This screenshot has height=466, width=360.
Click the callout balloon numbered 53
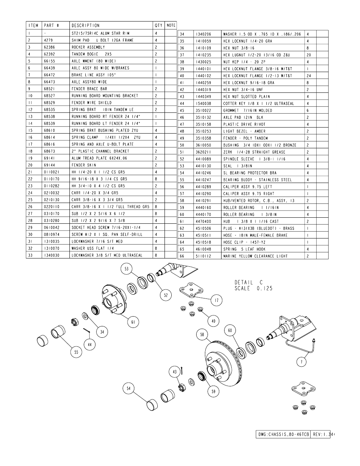point(126,269)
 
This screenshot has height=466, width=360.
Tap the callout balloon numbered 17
point(217,300)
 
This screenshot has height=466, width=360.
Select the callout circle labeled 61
point(133,322)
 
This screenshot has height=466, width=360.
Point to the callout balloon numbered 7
point(302,362)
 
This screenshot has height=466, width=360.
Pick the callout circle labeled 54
point(129,388)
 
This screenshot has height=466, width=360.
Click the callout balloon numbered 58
point(202,335)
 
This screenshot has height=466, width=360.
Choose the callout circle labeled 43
point(175,372)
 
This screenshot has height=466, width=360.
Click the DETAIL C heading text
point(249,283)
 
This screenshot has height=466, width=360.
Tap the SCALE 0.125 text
point(254,288)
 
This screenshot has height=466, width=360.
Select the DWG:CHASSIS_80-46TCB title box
point(283,434)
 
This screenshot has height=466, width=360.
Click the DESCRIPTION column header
point(86,26)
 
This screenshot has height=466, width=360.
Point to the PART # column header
point(51,26)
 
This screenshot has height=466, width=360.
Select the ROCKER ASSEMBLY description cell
point(88,47)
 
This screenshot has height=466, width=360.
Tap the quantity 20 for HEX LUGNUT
point(309,55)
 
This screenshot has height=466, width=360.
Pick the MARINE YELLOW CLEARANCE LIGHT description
point(255,256)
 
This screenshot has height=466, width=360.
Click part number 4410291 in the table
point(203,201)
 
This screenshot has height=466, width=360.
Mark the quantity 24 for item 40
point(309,76)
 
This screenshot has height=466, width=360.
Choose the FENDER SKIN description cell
point(84,165)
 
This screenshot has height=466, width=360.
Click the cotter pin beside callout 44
point(87,331)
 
